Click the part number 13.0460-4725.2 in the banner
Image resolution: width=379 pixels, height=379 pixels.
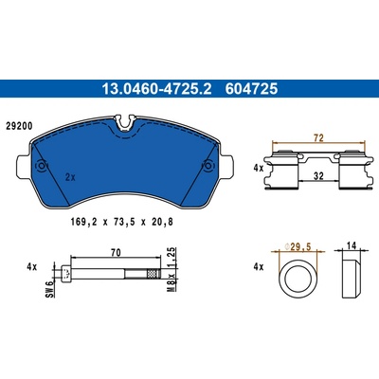click(x=156, y=89)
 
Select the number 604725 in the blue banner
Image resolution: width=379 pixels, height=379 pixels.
click(x=251, y=89)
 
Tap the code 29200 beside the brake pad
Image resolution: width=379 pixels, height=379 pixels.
click(x=19, y=126)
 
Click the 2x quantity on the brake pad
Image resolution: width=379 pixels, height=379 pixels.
click(x=70, y=177)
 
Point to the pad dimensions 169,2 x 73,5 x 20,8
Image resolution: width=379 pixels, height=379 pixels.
click(x=122, y=223)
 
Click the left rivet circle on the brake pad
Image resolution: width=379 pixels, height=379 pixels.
click(x=42, y=166)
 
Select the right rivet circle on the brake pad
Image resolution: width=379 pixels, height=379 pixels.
click(x=208, y=166)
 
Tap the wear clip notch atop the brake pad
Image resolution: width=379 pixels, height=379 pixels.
click(x=125, y=122)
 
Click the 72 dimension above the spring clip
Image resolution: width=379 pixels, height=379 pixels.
click(x=319, y=138)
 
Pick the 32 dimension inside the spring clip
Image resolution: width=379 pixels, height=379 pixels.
click(x=318, y=175)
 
